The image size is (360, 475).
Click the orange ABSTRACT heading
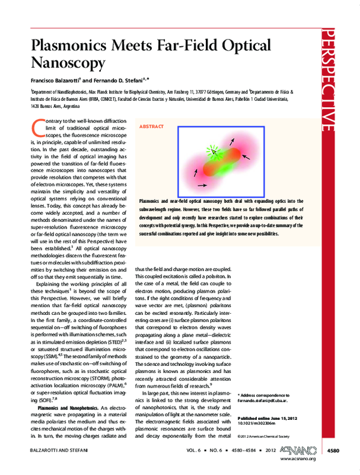tap(151, 127)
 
